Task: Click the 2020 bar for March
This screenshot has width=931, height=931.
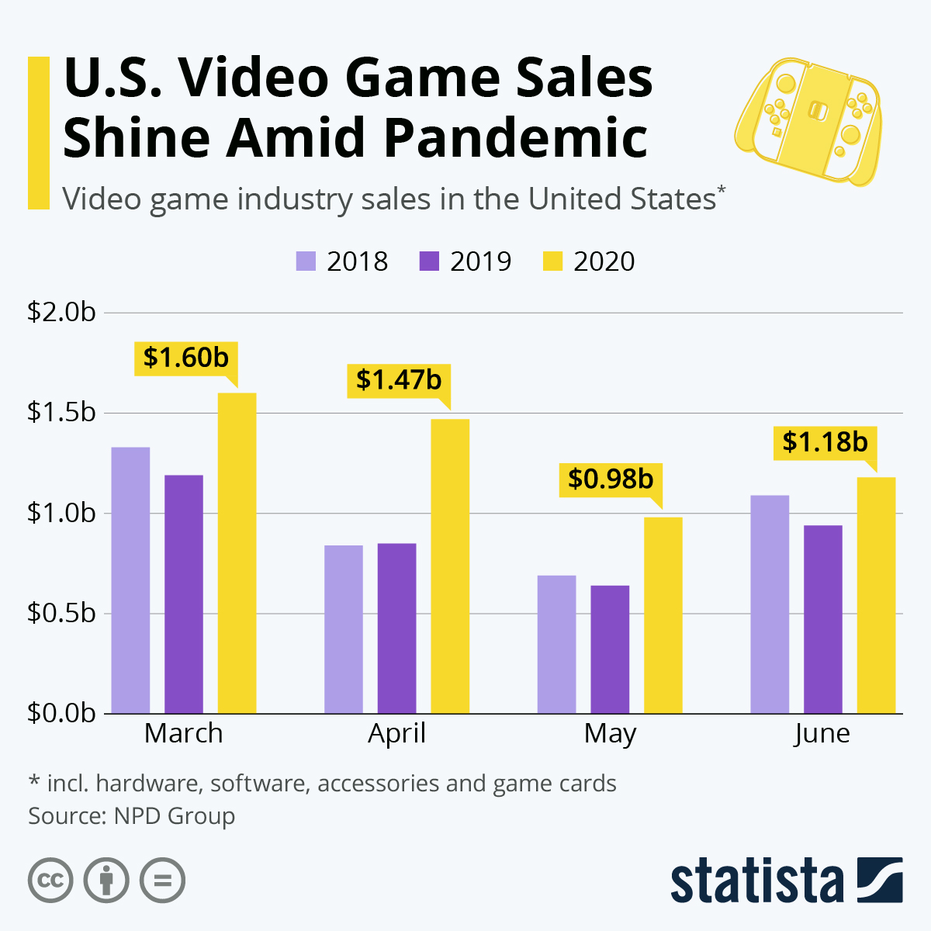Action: tap(237, 552)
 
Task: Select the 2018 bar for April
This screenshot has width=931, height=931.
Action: tap(344, 629)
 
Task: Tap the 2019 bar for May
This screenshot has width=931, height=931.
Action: tap(610, 649)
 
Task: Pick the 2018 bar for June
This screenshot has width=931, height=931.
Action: tap(770, 604)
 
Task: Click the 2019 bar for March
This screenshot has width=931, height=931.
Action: tap(184, 594)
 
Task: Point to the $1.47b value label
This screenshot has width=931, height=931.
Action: tap(399, 380)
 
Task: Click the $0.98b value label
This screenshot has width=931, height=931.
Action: tap(611, 479)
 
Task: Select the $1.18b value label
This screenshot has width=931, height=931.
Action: tap(825, 442)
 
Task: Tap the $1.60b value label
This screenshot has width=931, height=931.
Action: tap(186, 358)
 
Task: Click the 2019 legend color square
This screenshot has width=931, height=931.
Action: tap(428, 261)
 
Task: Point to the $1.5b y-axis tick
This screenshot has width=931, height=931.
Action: tap(61, 412)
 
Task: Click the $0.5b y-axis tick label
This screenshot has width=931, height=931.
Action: tap(61, 613)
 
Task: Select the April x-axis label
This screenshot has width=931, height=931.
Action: tap(396, 733)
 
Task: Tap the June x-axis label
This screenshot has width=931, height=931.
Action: tap(822, 733)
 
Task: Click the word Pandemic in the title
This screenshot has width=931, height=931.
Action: tap(515, 137)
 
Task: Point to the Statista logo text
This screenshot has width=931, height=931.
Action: tap(757, 881)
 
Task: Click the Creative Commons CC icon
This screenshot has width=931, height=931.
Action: tap(50, 881)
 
